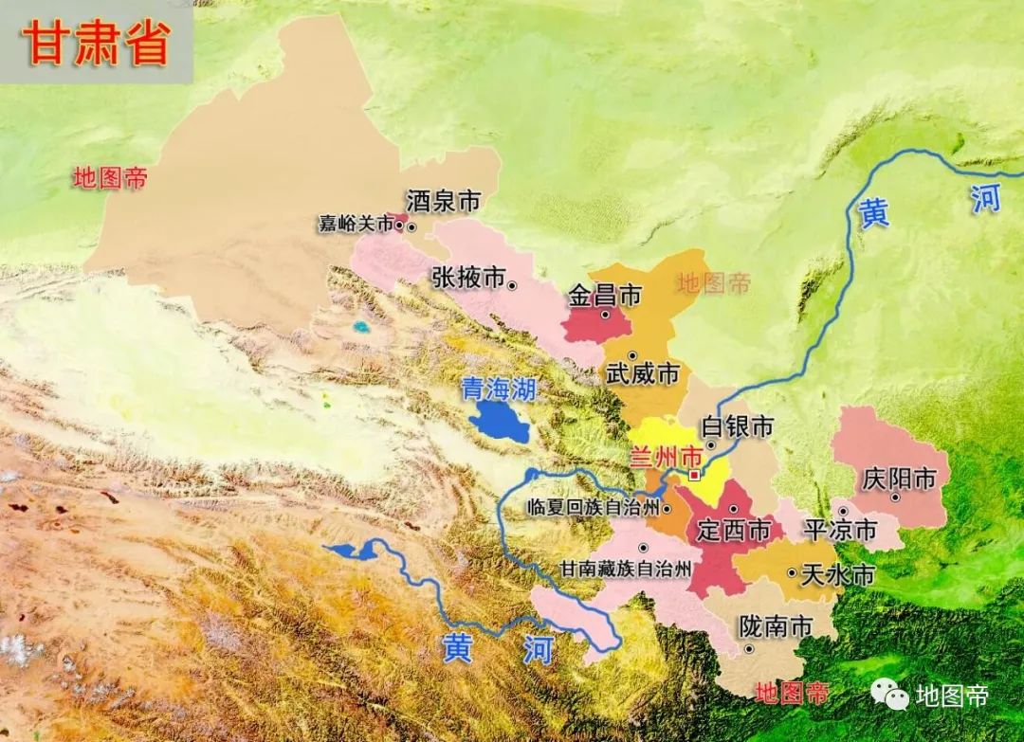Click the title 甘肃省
click(97, 44)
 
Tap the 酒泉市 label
click(443, 201)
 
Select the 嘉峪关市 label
click(356, 225)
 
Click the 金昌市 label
click(605, 296)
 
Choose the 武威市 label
click(644, 374)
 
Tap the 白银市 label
click(738, 427)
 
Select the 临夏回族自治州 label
click(594, 508)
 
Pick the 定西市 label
click(733, 532)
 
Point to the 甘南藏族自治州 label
click(624, 570)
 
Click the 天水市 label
click(837, 575)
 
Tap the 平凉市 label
click(840, 531)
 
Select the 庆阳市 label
click(899, 480)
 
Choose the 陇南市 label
click(776, 627)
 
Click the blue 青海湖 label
click(498, 389)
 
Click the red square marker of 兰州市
click(695, 474)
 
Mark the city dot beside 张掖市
click(512, 284)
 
